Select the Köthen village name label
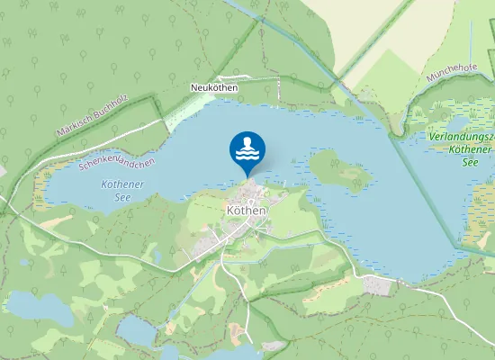point(246,211)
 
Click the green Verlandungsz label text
point(460,136)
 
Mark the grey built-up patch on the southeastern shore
point(378,285)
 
